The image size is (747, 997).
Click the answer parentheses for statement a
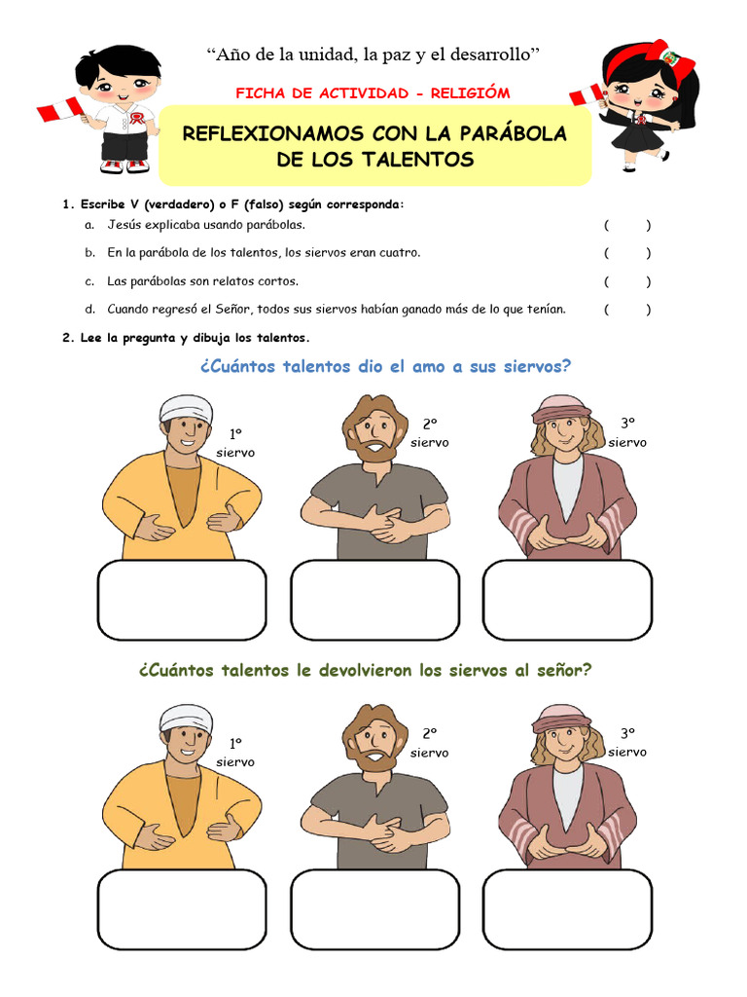(627, 225)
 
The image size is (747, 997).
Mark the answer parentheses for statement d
(627, 310)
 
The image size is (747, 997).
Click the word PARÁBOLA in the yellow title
(513, 133)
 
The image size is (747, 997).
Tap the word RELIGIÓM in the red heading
(470, 93)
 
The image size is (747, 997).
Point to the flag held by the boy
(59, 109)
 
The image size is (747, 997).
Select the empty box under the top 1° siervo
(182, 600)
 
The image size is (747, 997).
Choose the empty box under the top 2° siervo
(374, 600)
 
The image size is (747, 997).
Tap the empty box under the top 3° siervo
(567, 600)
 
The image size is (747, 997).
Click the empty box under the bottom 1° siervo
(182, 909)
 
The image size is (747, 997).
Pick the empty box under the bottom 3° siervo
(567, 909)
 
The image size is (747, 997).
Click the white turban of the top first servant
(185, 408)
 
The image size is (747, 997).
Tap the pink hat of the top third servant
(560, 410)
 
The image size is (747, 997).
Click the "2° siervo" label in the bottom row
(429, 743)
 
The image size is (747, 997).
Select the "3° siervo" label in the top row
(627, 432)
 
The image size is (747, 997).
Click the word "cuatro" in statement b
(399, 253)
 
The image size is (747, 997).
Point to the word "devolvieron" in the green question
(366, 670)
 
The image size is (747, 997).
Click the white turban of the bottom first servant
(185, 718)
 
